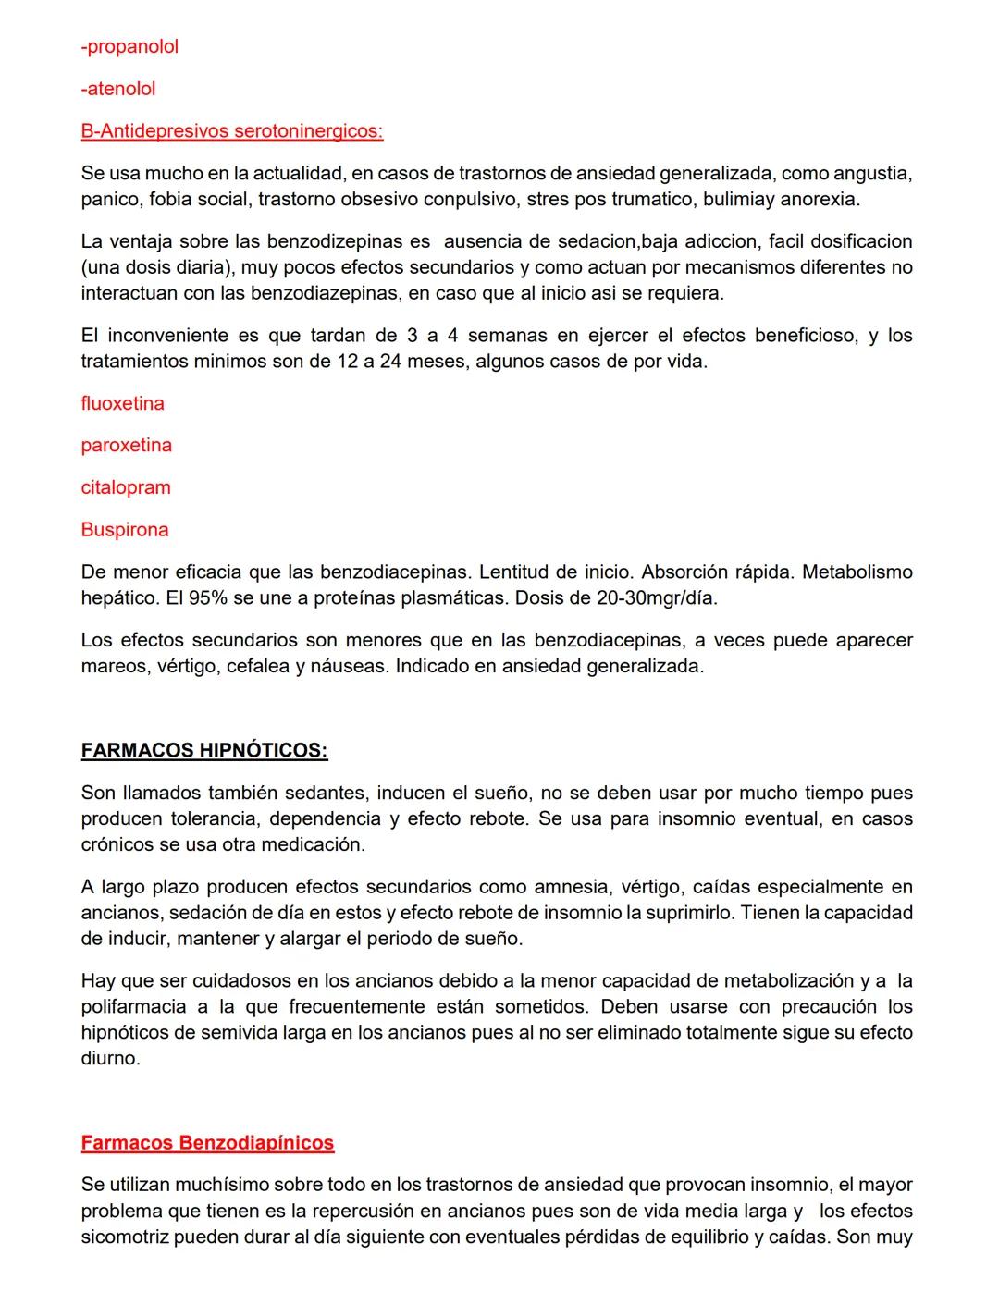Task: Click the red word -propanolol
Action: click(x=129, y=46)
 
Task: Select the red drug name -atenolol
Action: click(x=118, y=89)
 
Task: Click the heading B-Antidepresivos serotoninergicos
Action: click(x=231, y=131)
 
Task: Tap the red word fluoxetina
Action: click(x=122, y=403)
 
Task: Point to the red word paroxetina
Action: click(x=126, y=445)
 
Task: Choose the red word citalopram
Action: click(x=126, y=487)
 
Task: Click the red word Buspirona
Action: click(x=125, y=530)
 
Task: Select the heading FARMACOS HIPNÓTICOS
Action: click(x=203, y=750)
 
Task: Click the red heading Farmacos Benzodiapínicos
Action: click(x=207, y=1143)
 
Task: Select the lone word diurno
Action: click(x=110, y=1059)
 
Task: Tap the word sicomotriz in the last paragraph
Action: click(x=125, y=1237)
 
